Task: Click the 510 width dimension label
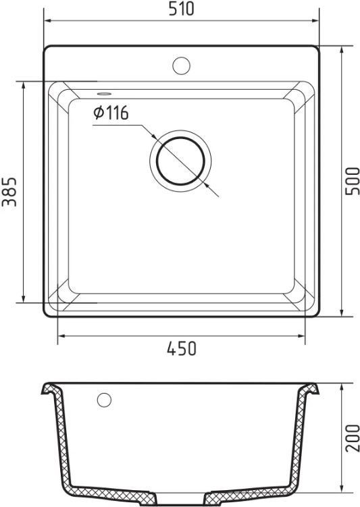(x=181, y=9)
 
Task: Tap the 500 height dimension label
(x=353, y=181)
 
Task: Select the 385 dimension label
(x=9, y=192)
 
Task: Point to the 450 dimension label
(x=182, y=348)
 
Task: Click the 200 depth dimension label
(x=353, y=438)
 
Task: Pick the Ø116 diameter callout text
(x=111, y=113)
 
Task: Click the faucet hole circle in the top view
(x=181, y=65)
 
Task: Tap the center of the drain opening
(x=180, y=161)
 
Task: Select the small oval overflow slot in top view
(x=104, y=94)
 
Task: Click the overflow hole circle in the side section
(x=104, y=400)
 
